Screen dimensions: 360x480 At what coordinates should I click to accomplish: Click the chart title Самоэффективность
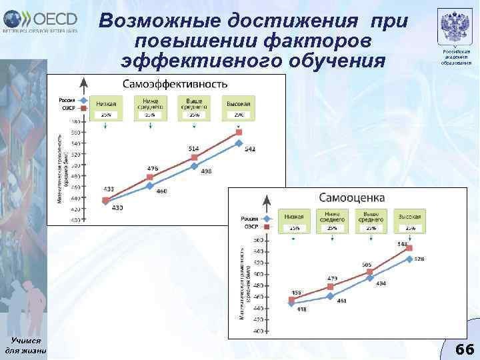(x=175, y=84)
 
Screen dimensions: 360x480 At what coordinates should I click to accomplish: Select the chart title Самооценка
(x=351, y=197)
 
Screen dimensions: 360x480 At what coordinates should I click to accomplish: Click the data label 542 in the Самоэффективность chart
(x=250, y=149)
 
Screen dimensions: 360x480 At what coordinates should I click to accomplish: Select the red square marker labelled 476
(x=149, y=177)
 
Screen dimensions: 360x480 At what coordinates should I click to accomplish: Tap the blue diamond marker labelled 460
(x=149, y=186)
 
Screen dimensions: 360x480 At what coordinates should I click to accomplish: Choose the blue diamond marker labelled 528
(x=409, y=259)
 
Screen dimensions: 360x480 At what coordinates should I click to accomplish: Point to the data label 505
(x=367, y=264)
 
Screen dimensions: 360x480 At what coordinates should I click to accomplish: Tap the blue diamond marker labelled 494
(x=370, y=277)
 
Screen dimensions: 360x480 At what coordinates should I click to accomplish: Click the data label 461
(x=341, y=301)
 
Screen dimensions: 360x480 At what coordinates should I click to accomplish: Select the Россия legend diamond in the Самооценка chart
(x=267, y=217)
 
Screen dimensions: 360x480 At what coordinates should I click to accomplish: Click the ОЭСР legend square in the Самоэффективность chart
(x=84, y=107)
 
